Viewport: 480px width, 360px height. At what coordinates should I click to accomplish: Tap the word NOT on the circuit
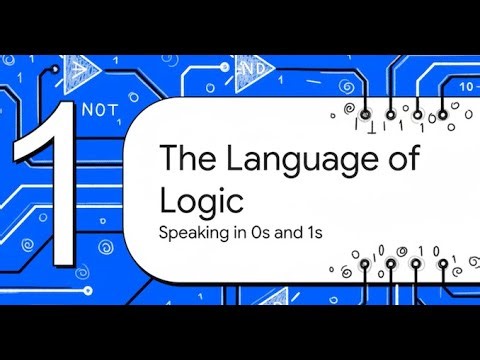pos(104,107)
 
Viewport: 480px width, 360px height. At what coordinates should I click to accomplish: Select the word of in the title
pos(399,160)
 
